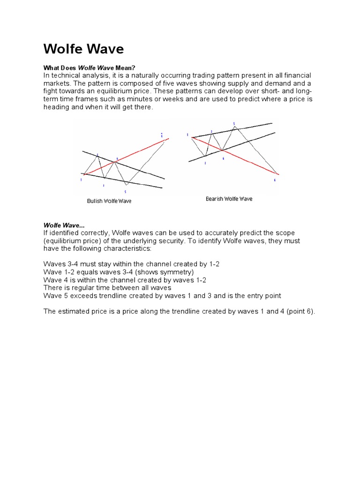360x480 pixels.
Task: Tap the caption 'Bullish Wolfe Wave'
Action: click(x=109, y=201)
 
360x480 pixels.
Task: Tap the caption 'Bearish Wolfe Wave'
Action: click(x=229, y=199)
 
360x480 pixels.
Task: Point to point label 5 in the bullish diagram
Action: click(x=125, y=192)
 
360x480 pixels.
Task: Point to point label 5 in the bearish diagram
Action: click(x=234, y=123)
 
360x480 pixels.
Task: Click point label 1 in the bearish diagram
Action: click(x=187, y=135)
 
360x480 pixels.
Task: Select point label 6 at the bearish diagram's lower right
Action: click(x=275, y=180)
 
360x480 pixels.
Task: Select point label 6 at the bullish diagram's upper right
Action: click(x=162, y=135)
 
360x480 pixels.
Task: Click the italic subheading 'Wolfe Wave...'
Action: click(x=64, y=225)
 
